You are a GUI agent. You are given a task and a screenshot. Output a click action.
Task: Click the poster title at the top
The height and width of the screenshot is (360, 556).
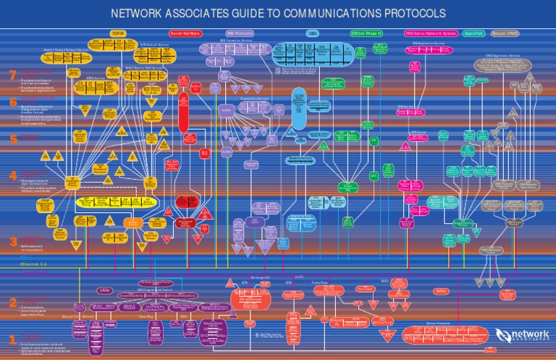coord(277,14)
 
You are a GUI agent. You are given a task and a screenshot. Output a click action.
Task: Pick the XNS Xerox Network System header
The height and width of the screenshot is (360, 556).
coord(430,33)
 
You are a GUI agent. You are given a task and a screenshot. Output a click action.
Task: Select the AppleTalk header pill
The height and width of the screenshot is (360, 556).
coord(474,33)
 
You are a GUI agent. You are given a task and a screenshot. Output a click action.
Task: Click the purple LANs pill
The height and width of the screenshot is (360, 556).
coord(105,291)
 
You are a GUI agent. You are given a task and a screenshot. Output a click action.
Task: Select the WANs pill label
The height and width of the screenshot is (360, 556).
coord(441,291)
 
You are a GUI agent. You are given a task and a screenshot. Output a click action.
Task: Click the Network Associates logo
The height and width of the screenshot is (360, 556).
coord(522,334)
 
